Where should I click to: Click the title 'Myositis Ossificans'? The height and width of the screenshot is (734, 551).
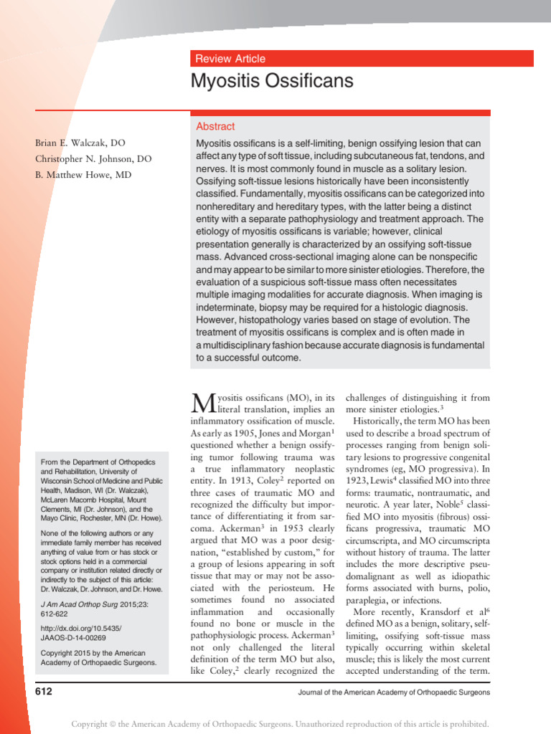pos(272,81)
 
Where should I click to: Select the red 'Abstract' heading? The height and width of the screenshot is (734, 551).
pos(215,126)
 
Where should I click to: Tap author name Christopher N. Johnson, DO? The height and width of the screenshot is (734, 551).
pos(93,159)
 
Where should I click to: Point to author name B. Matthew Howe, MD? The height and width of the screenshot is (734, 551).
pos(83,174)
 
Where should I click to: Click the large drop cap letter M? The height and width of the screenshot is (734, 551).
pos(204,404)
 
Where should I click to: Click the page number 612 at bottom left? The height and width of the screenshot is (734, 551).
pos(44,692)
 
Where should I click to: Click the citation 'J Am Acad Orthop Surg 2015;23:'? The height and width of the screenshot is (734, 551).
pos(101,604)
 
